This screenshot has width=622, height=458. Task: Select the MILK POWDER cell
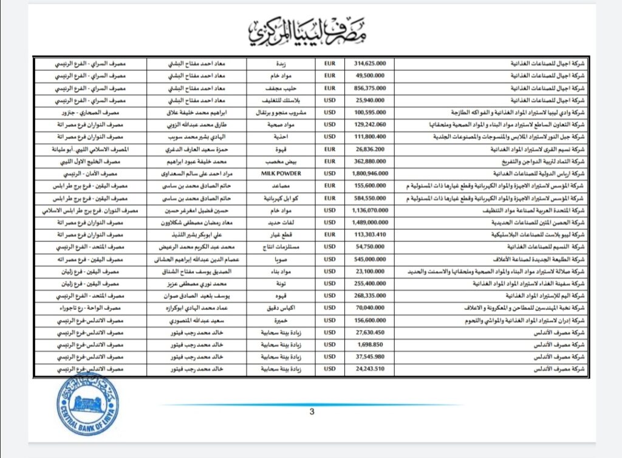[x=281, y=173]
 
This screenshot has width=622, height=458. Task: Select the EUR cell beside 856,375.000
[x=330, y=87]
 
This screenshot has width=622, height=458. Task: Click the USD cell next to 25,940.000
[x=330, y=99]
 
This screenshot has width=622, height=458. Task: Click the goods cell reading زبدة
[x=281, y=62]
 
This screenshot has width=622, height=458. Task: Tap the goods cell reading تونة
[x=281, y=283]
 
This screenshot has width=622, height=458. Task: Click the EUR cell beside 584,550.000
[x=330, y=197]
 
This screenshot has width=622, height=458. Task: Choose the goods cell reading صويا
[x=281, y=259]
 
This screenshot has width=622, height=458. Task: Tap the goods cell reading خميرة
[x=281, y=320]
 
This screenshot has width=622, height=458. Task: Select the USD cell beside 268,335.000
[x=330, y=295]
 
